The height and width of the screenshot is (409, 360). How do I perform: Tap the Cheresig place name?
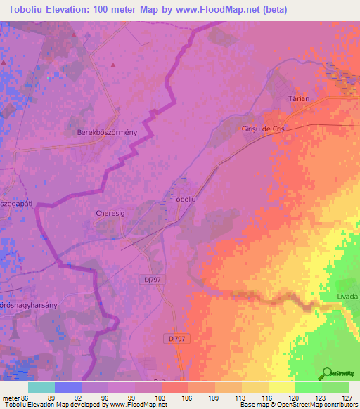pos(109,212)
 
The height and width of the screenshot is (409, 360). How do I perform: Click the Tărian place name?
pos(300,99)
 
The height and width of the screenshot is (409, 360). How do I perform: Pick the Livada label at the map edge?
pos(347,297)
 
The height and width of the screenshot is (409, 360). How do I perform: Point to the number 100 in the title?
pos(117,9)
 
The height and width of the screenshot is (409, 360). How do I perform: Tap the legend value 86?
pos(27,397)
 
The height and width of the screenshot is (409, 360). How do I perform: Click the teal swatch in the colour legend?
pos(41,387)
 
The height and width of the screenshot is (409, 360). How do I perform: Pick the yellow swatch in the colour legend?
pos(282,387)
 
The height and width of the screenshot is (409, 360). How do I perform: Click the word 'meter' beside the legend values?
pos(11,397)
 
